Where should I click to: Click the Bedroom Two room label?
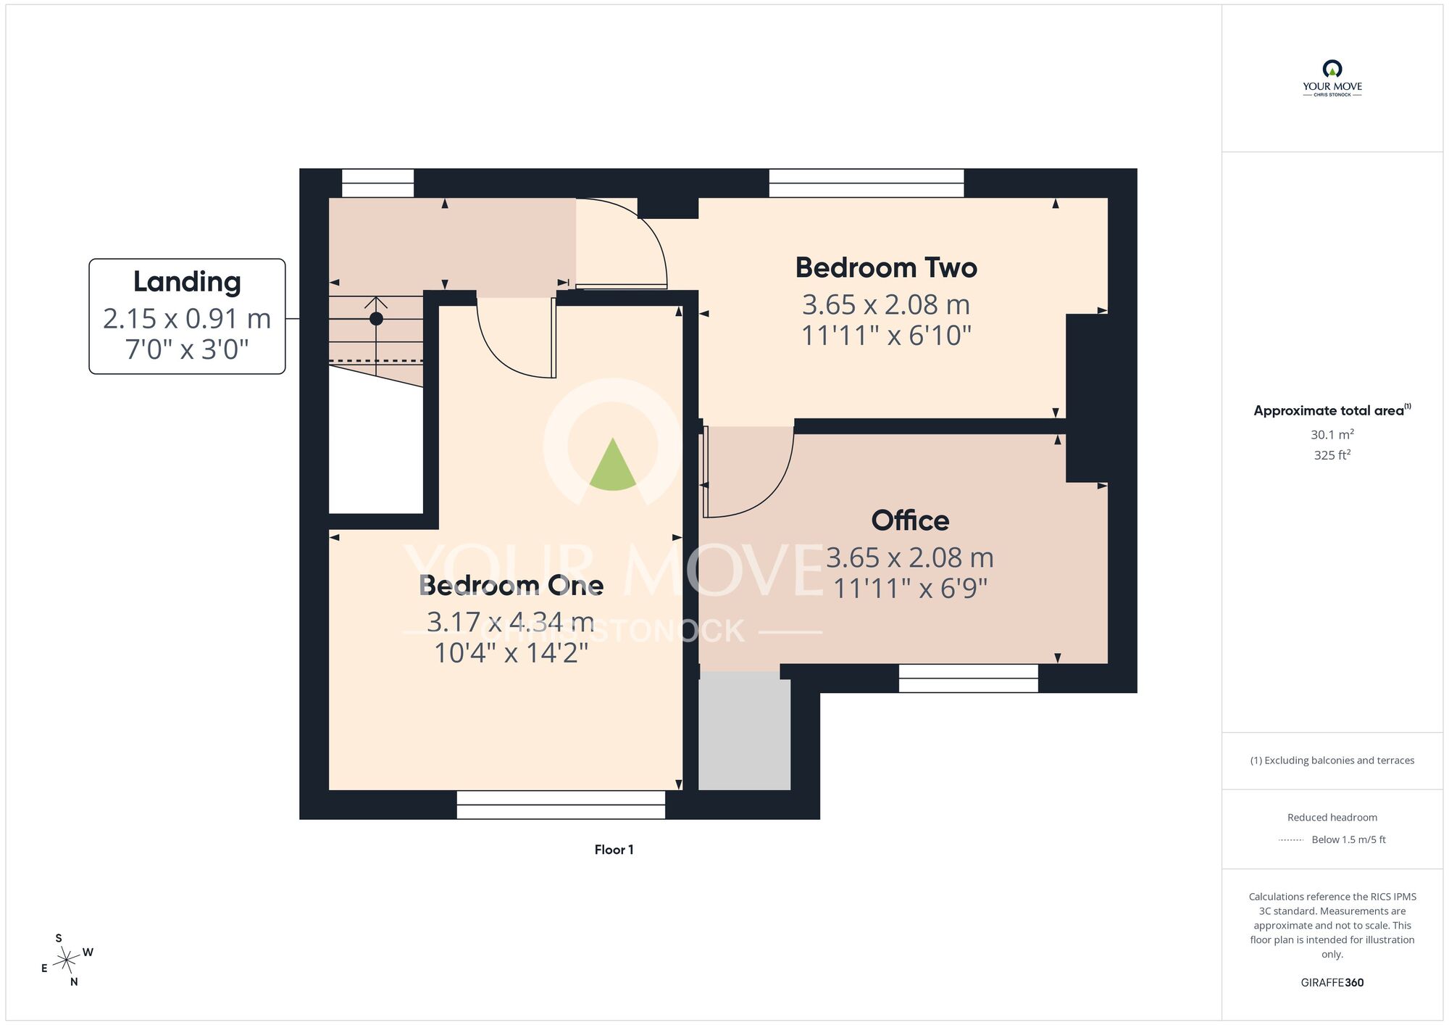pos(886,267)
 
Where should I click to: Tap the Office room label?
pos(910,520)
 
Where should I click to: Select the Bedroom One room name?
pos(511,585)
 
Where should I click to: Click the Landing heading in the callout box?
pos(187,282)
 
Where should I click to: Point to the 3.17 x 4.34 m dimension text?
pos(511,621)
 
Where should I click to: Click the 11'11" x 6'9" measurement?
pos(910,588)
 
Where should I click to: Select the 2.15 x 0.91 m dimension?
pos(187,318)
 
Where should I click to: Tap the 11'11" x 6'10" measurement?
pos(886,335)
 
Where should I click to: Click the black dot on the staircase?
pos(376,318)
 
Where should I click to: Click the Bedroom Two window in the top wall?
pos(867,183)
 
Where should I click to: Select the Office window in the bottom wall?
pos(969,679)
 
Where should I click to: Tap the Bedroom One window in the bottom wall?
pos(561,805)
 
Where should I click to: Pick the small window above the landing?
pos(377,183)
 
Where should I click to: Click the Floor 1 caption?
pos(614,850)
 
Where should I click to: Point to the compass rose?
pos(67,960)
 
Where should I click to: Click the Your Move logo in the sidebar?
pos(1332,78)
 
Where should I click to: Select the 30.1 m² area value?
pos(1332,434)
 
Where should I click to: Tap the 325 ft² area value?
pos(1332,455)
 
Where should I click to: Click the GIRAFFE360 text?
pos(1332,983)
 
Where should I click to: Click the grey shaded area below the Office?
pos(744,731)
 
